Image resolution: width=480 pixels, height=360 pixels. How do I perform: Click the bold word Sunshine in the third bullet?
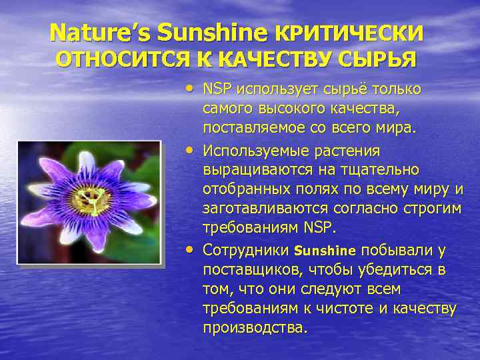pyautogui.click(x=325, y=251)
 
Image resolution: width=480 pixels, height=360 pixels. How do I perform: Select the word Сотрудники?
pyautogui.click(x=245, y=251)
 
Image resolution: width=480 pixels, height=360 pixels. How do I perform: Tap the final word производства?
pyautogui.click(x=255, y=328)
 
